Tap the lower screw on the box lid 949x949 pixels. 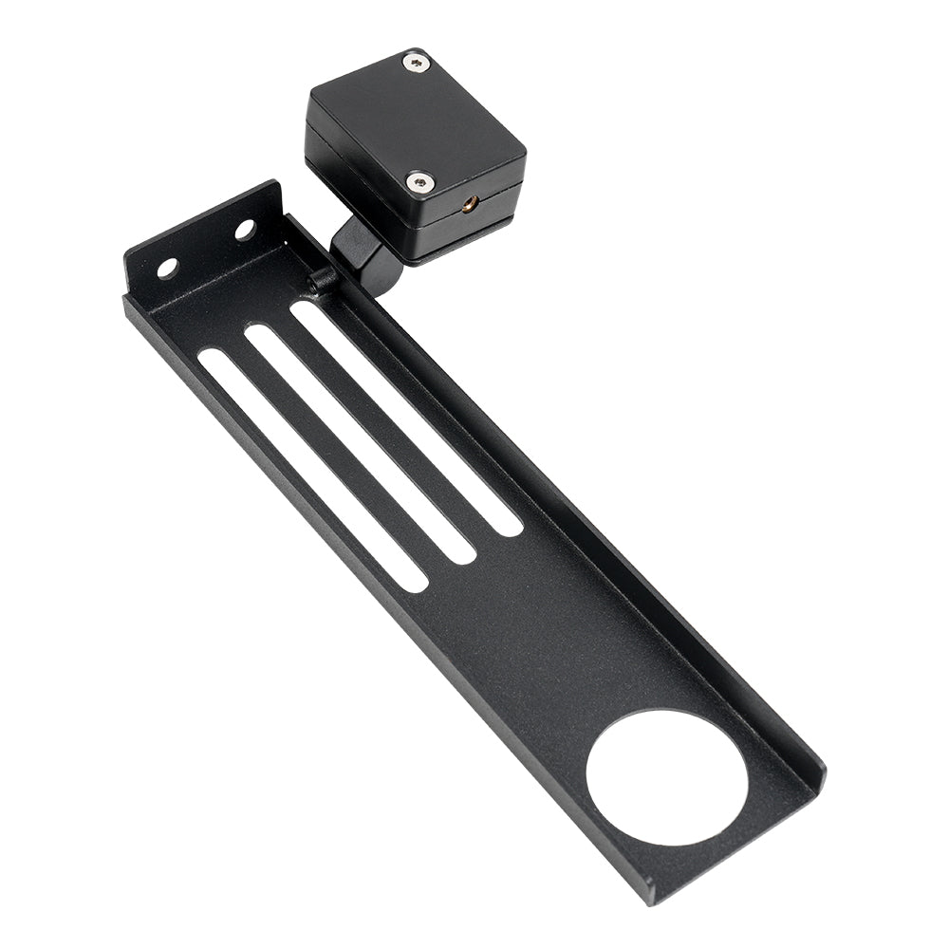coord(418,180)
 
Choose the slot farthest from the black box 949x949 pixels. coord(313,471)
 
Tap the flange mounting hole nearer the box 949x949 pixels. coord(245,230)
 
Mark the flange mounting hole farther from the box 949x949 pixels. coord(167,268)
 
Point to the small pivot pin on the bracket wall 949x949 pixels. coord(321,280)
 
